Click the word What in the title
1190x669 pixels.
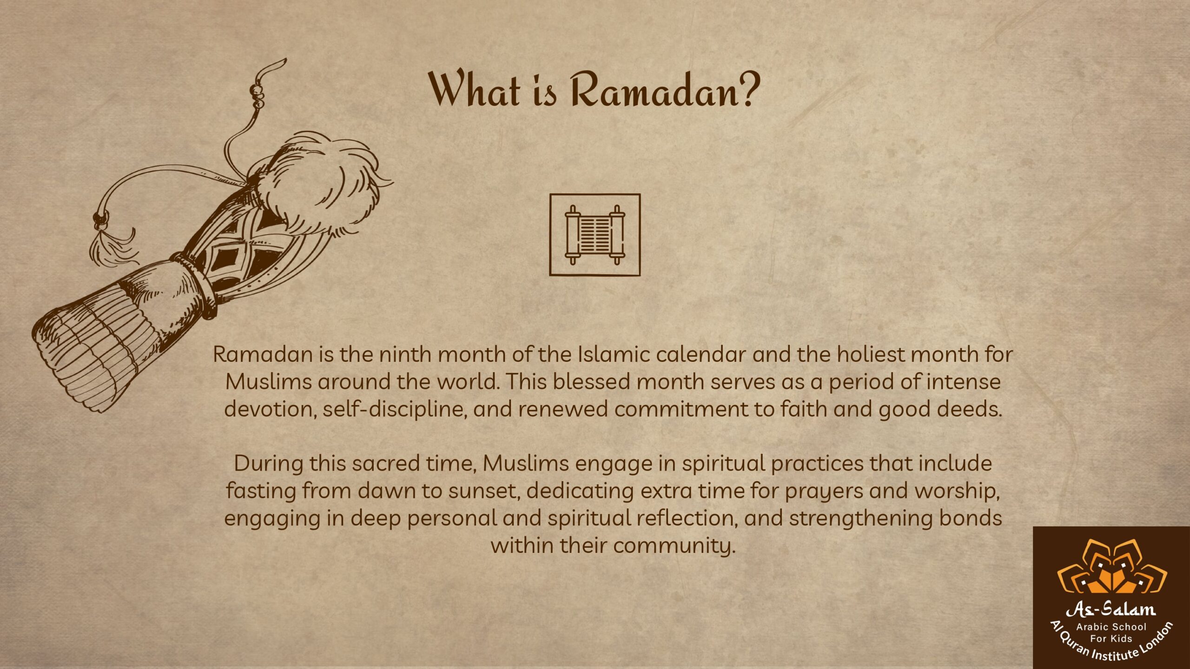pos(474,89)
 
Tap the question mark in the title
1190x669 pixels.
pos(747,89)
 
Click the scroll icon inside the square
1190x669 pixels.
pos(595,235)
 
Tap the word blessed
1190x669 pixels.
pos(592,382)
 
